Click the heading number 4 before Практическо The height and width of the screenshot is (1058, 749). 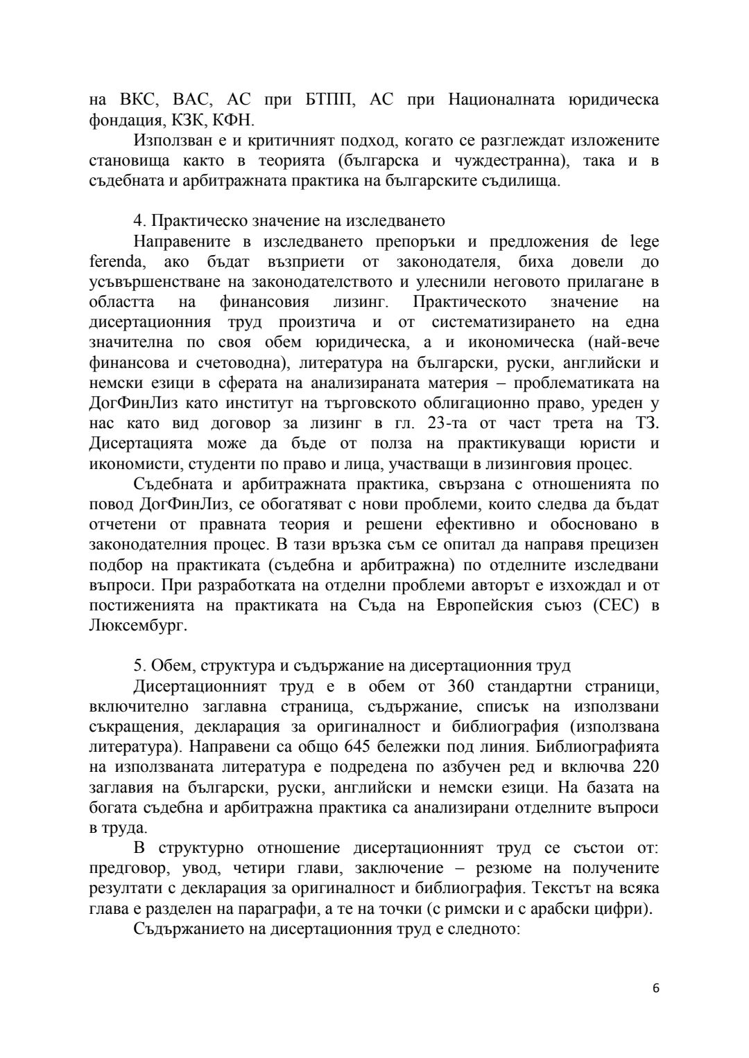[137, 221]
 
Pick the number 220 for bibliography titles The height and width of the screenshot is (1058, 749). [644, 767]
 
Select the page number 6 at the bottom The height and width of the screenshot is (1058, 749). [655, 1007]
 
